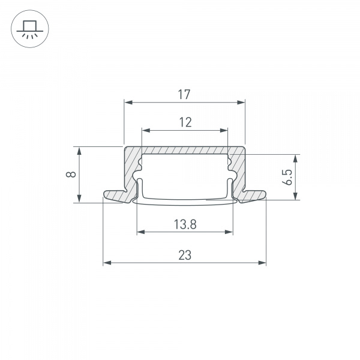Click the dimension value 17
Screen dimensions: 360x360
tap(185, 94)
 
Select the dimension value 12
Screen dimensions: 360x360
tap(185, 122)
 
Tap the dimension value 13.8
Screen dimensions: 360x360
tap(185, 224)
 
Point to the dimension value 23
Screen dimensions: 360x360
tap(185, 255)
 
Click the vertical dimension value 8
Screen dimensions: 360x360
tap(71, 175)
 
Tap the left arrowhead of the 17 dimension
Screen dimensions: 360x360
tap(127, 103)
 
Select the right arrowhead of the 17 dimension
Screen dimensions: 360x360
tap(243, 103)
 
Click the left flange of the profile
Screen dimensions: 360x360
tap(114, 196)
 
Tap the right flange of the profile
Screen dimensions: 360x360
tap(255, 195)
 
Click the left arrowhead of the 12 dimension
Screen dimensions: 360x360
tap(144, 130)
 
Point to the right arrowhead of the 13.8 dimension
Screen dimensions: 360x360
tap(230, 232)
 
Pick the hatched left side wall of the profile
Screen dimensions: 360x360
tap(130, 171)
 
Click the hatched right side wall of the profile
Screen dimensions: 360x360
tap(240, 171)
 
